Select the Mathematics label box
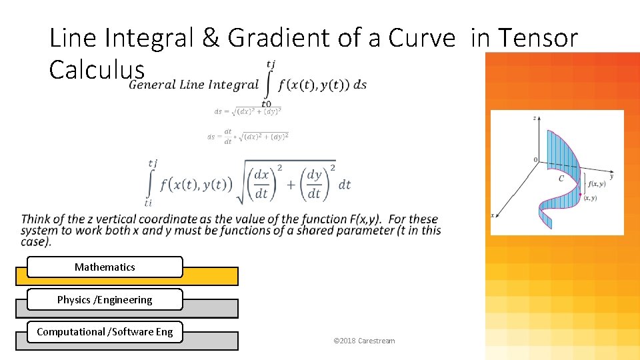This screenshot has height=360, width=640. click(x=105, y=267)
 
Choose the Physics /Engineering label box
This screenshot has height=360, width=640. click(x=105, y=300)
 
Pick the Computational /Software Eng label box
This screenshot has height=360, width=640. click(x=105, y=332)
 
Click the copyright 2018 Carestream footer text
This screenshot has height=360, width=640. click(x=363, y=341)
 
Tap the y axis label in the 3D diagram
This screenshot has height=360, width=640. click(x=611, y=177)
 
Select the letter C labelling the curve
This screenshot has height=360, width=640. click(x=561, y=179)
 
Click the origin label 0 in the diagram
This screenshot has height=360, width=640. click(x=535, y=160)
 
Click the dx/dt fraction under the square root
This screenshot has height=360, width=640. click(x=262, y=184)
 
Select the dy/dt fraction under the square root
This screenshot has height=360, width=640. click(x=314, y=184)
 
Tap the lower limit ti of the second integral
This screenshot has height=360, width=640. click(x=148, y=203)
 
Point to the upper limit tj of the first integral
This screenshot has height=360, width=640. click(x=271, y=64)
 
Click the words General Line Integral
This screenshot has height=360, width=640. click(x=193, y=85)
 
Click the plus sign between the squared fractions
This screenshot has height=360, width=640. click(x=290, y=184)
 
